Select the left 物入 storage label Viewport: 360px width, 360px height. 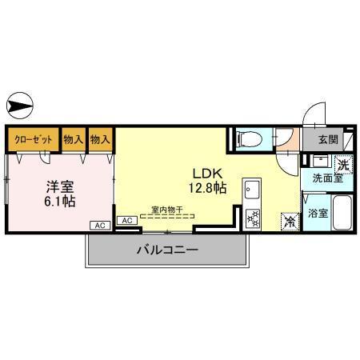tap(74, 139)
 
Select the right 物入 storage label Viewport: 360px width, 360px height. tap(101, 139)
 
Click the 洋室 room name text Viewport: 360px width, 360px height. tap(59, 186)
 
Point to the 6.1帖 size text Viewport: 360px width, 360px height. tap(59, 202)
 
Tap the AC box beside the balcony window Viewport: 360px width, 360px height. tap(126, 220)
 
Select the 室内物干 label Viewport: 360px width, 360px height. tap(166, 210)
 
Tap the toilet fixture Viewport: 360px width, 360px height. tap(249, 139)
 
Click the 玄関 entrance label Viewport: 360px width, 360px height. tap(327, 139)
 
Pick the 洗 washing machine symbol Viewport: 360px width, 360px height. tap(342, 165)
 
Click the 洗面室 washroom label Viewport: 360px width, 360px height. tap(327, 179)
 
